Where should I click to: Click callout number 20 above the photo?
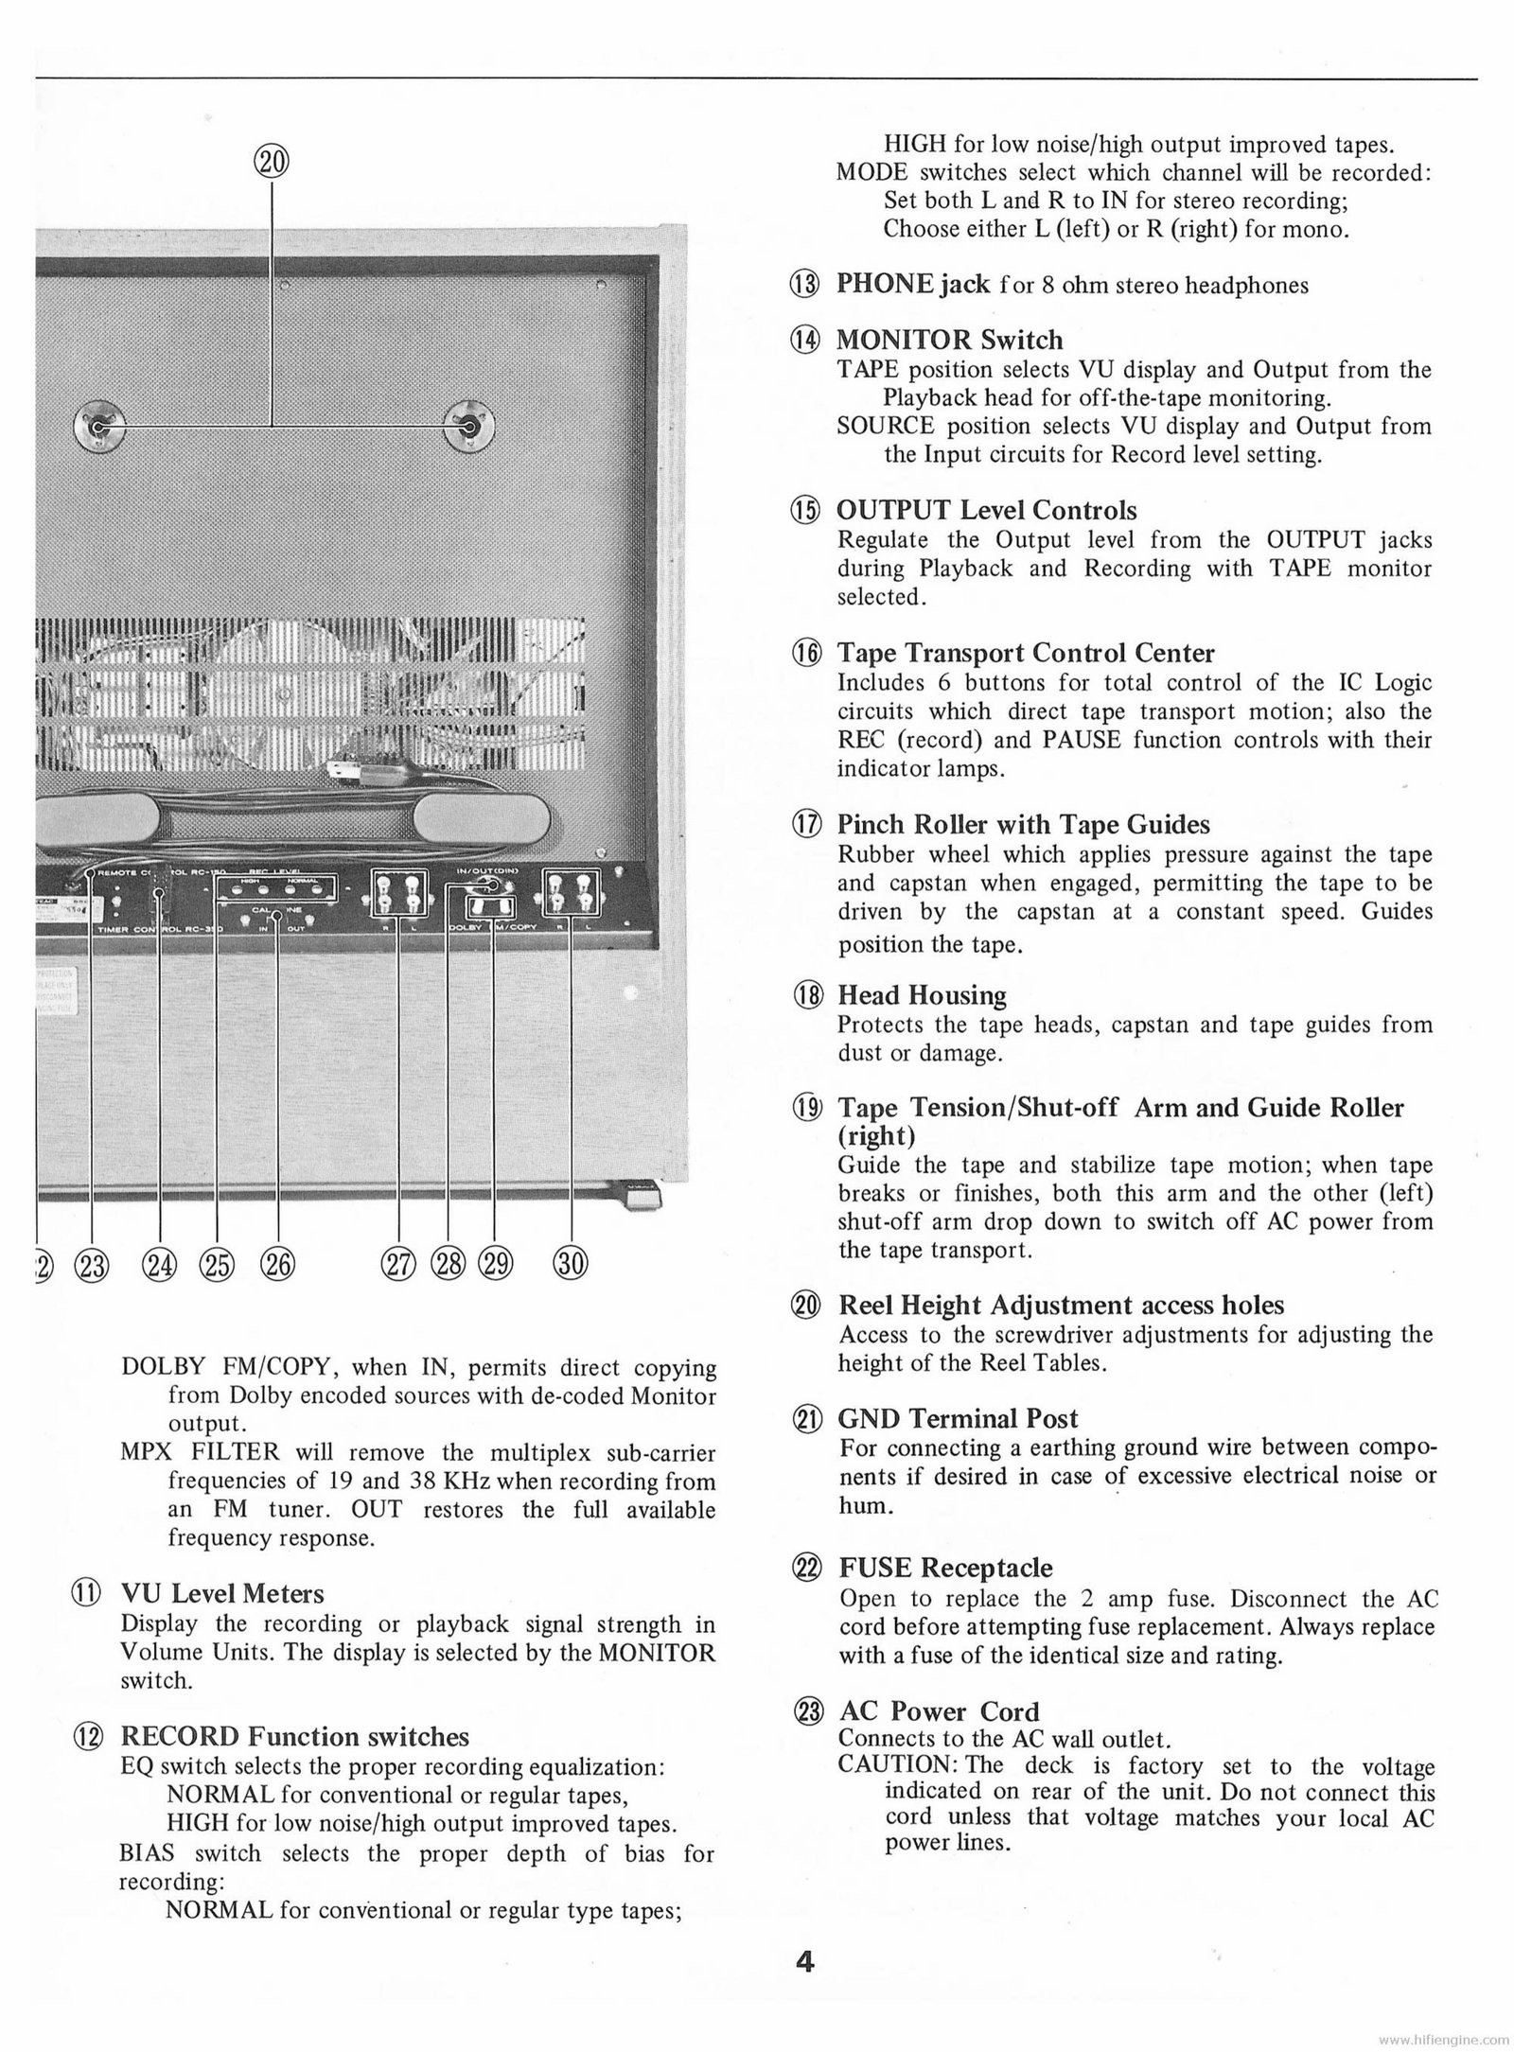272,162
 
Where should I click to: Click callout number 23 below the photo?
94,1264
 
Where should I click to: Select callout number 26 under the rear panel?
278,1264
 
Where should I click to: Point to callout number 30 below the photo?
572,1264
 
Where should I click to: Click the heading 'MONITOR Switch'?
949,340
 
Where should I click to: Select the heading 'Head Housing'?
922,995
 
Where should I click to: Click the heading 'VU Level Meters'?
222,1594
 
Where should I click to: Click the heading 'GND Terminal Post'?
958,1418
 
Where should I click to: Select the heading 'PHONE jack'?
912,284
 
